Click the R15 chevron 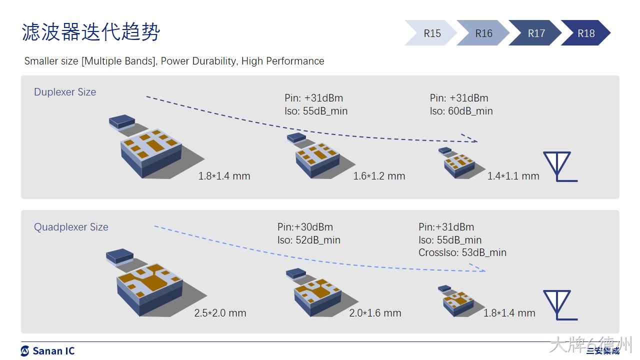coord(431,33)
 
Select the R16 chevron coord(483,33)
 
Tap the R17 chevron coord(535,33)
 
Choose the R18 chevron coord(586,33)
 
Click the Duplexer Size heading coord(65,92)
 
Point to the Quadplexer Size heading coord(71,227)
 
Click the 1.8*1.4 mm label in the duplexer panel coord(224,176)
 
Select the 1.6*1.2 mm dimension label coord(379,176)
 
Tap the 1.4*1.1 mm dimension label coord(513,176)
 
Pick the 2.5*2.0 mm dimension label coord(220,313)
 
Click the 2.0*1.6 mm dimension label coord(375,313)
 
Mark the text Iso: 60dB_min coord(461,111)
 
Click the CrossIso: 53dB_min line coord(462,252)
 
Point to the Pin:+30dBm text coord(305,227)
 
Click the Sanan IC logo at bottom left coord(47,351)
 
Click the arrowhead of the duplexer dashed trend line coord(470,138)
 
